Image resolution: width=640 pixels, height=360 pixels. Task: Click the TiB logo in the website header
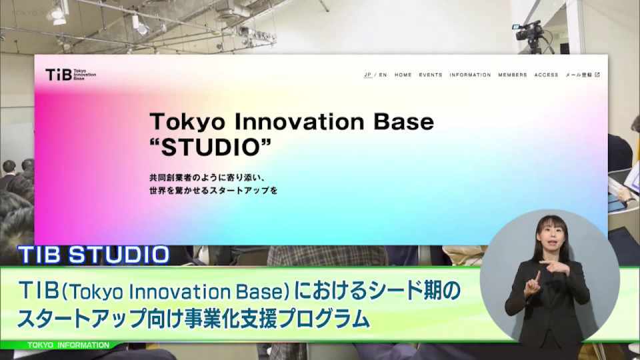pyautogui.click(x=71, y=75)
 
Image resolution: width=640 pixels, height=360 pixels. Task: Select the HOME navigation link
pyautogui.click(x=403, y=75)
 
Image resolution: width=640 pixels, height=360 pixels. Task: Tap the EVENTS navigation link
pyautogui.click(x=430, y=75)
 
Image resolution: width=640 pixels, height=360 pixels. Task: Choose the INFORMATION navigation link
pyautogui.click(x=470, y=75)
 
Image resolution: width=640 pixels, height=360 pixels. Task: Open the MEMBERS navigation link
pyautogui.click(x=512, y=75)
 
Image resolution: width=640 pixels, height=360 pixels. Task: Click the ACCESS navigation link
pyautogui.click(x=546, y=75)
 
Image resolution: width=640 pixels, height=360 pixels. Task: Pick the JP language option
pyautogui.click(x=368, y=75)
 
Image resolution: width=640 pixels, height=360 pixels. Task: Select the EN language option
pyautogui.click(x=383, y=75)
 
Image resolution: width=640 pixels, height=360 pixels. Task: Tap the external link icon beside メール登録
pyautogui.click(x=597, y=75)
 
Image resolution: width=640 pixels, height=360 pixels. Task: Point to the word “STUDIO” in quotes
pyautogui.click(x=210, y=147)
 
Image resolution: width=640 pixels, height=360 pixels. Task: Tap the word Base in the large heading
pyautogui.click(x=404, y=121)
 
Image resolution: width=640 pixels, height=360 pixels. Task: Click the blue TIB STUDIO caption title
pyautogui.click(x=93, y=255)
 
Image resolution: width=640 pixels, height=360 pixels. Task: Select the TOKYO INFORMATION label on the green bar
pyautogui.click(x=68, y=345)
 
